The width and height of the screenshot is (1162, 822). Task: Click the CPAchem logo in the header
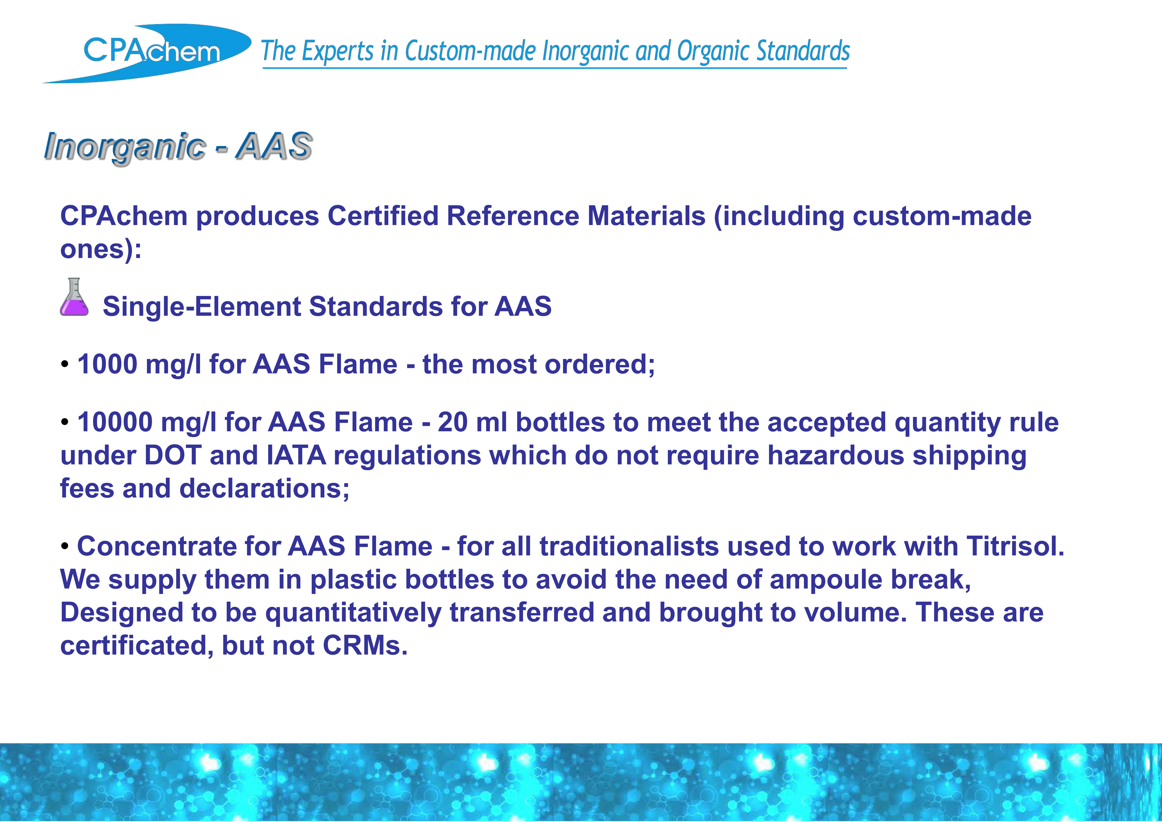tap(147, 53)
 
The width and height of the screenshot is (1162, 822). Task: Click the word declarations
tap(264, 488)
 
